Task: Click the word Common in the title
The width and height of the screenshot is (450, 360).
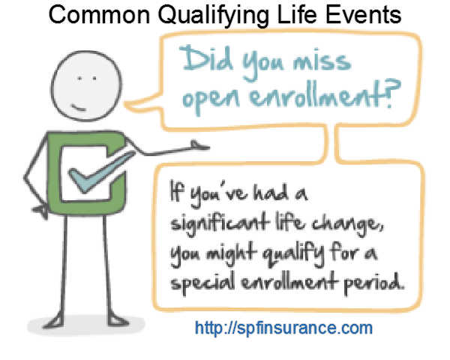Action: [99, 15]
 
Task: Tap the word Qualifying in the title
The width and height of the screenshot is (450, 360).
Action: [214, 16]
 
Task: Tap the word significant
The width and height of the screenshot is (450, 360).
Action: [220, 223]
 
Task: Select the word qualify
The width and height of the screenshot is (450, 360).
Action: [292, 253]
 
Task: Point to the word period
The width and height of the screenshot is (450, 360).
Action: [373, 282]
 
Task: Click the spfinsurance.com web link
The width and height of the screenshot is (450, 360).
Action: [283, 328]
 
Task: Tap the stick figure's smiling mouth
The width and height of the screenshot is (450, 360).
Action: [78, 108]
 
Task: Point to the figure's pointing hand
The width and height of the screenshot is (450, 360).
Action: [200, 145]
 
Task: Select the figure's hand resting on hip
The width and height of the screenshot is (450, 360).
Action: [41, 211]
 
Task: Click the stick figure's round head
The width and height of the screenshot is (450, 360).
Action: [86, 85]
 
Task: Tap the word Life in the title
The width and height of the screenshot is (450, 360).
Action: [297, 15]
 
